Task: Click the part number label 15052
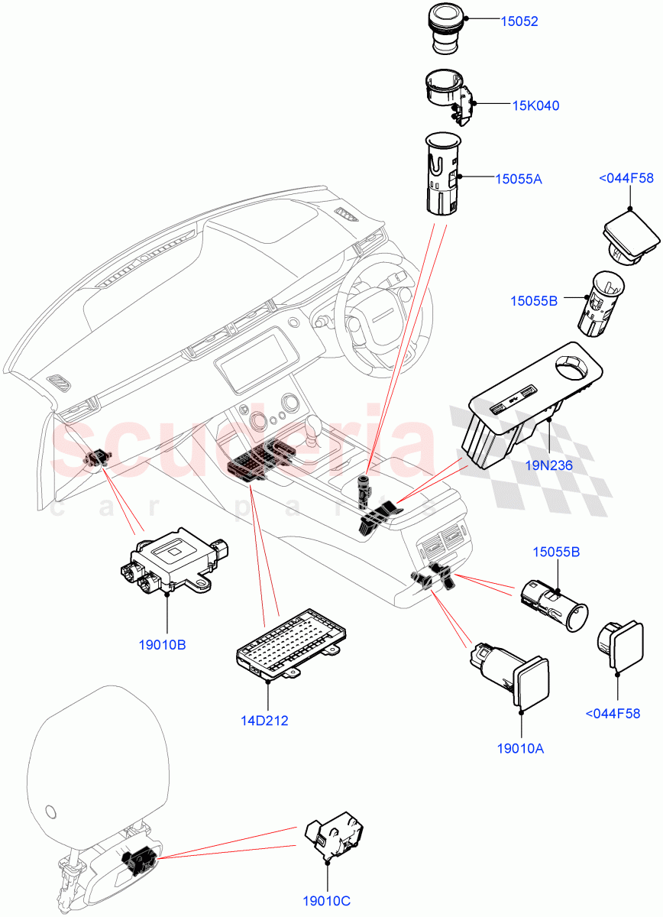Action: (x=519, y=21)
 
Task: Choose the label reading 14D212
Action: (x=264, y=720)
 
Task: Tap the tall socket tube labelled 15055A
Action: (x=442, y=174)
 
